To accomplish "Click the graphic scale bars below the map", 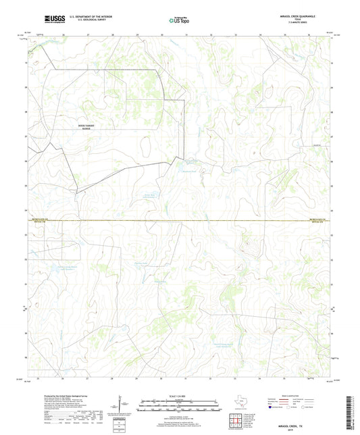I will [x=180, y=407].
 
